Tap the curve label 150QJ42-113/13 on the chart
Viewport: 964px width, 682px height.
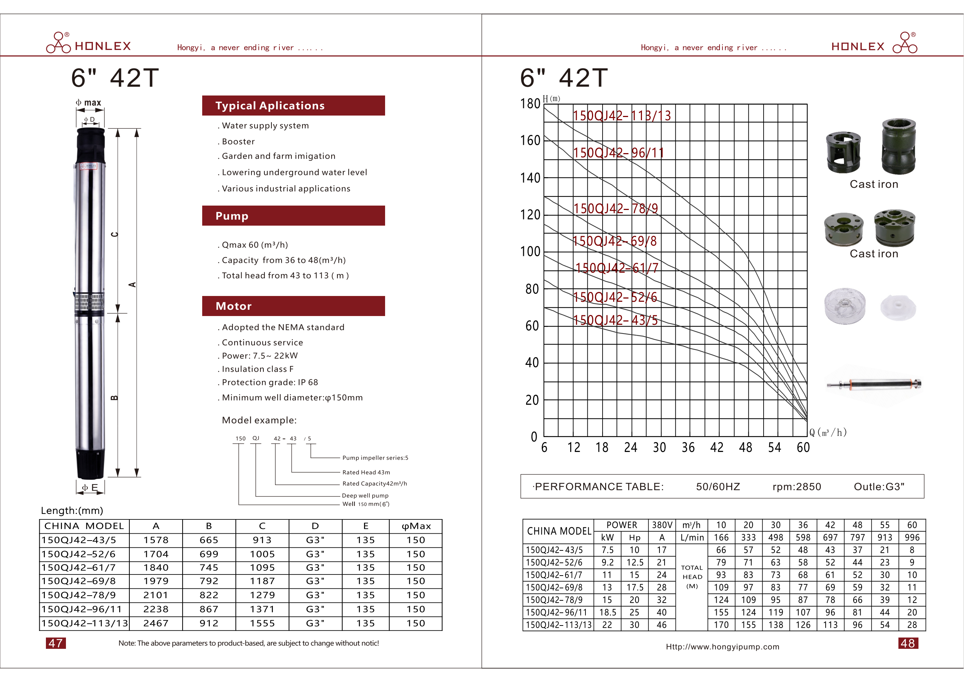622,116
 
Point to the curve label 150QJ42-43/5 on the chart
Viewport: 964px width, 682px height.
615,320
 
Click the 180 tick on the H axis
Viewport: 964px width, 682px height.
530,103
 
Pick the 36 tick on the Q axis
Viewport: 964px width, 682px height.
688,448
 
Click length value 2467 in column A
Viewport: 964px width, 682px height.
156,624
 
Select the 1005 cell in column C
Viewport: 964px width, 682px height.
262,554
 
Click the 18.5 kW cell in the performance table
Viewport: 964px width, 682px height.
608,613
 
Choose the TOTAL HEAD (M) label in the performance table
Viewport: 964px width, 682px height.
692,577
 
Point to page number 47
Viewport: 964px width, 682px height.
56,643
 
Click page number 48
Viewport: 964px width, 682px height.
908,643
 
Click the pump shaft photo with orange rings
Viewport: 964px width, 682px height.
874,384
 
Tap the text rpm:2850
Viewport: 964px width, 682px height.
796,487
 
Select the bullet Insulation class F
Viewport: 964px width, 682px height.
257,369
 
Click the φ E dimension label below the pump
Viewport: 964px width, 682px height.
90,488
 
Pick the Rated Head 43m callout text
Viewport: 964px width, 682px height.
366,472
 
